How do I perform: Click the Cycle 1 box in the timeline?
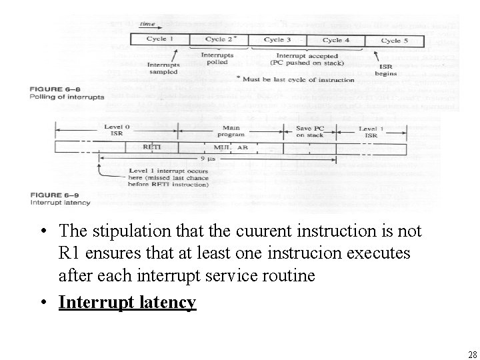click(161, 40)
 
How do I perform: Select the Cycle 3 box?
click(277, 40)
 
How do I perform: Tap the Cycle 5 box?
click(391, 41)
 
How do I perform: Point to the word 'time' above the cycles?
click(147, 25)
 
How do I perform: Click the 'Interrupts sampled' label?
click(163, 69)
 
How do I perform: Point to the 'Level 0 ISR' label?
click(117, 131)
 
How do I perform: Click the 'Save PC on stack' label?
click(309, 131)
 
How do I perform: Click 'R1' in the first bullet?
click(70, 253)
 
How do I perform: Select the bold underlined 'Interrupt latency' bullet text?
click(127, 302)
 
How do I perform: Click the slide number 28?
click(472, 354)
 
